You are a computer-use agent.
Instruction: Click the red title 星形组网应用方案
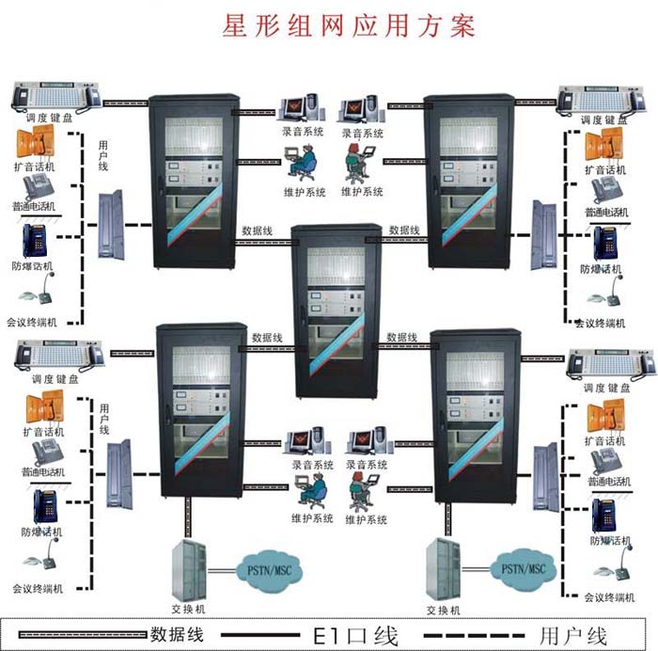349,25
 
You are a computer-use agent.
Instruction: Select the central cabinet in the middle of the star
337,310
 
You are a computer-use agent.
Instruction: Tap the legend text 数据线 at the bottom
177,634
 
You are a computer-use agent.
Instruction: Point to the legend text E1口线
355,635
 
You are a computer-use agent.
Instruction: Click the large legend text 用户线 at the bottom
572,635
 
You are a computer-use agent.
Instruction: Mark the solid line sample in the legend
260,635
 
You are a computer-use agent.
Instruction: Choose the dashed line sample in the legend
474,635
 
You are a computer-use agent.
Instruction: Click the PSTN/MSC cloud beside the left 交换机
269,570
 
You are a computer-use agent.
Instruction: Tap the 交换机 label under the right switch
443,611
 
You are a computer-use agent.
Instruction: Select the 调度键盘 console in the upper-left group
56,96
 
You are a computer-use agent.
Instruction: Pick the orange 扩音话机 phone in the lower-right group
605,417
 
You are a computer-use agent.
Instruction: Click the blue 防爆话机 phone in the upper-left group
35,240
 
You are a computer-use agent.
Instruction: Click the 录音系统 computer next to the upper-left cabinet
303,108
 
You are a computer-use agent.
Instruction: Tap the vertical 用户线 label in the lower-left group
104,420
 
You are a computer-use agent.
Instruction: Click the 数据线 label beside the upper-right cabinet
404,230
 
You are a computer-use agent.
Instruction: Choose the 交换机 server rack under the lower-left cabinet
189,570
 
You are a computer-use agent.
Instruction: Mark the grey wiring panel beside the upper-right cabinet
544,235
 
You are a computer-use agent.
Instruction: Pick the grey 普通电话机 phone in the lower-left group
47,453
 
